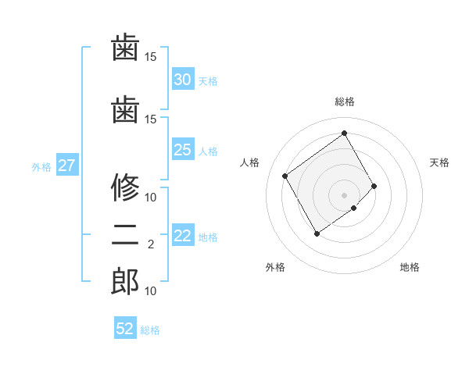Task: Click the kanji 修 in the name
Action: coord(125,187)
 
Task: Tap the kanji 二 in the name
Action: coord(125,235)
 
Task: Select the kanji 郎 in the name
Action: coord(125,282)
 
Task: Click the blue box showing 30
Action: coord(182,79)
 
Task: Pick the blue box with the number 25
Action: coord(182,150)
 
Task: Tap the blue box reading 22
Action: coord(182,237)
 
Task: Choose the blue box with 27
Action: coord(66,166)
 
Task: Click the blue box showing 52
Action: coord(125,329)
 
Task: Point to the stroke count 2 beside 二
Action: coord(150,244)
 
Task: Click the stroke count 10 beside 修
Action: coord(151,197)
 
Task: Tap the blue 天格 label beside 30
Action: coord(208,80)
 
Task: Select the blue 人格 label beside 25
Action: coord(208,151)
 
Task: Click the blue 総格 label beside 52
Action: coord(151,330)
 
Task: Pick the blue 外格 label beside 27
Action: coord(41,166)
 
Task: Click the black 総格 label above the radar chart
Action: coord(344,102)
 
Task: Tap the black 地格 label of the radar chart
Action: coord(410,267)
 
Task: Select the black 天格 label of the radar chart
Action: coord(439,162)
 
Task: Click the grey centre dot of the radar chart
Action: coord(344,194)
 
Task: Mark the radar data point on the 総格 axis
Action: coord(344,133)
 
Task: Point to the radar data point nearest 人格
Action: coord(285,176)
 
